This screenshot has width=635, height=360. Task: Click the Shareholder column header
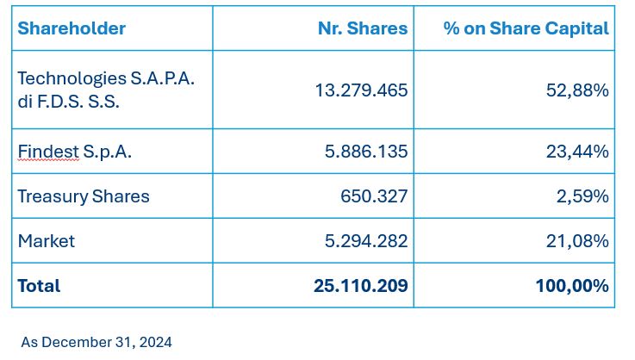point(72,28)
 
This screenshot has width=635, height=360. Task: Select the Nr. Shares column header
point(362,28)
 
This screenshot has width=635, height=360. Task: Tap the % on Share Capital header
point(526,28)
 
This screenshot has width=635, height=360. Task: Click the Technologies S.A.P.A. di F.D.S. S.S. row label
point(105,90)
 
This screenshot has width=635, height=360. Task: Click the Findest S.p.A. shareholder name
point(74,152)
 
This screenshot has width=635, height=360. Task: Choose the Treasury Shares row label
point(84,196)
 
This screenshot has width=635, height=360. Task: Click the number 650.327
point(374,196)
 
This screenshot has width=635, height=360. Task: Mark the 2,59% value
point(582,196)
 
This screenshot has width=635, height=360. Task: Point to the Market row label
point(46,241)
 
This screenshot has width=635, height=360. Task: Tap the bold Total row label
point(39,285)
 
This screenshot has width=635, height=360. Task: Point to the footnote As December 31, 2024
point(96,342)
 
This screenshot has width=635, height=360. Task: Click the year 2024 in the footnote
point(155,342)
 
